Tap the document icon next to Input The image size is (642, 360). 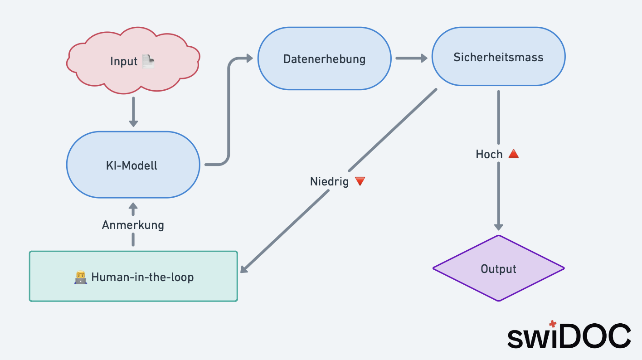point(148,61)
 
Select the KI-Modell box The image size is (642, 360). point(133,165)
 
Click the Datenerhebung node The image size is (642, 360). point(324,58)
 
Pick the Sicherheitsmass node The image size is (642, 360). point(498,57)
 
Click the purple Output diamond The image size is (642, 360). point(498,268)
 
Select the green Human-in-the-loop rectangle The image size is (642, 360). point(133,276)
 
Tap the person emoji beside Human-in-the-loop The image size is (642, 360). point(80,277)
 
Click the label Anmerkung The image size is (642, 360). point(133,225)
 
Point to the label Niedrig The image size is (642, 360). point(330,181)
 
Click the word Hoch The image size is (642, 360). point(489,154)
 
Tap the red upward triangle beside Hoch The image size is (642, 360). point(513,154)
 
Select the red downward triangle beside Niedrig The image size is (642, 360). point(360,181)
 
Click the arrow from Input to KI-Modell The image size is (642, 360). point(133,112)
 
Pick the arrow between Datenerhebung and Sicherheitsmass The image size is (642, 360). point(411,58)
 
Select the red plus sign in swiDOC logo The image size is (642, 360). point(552,324)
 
